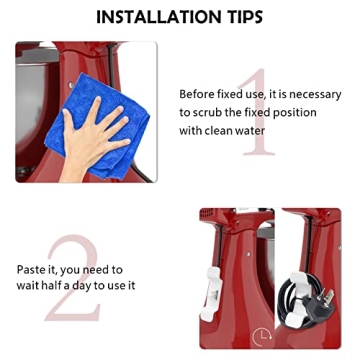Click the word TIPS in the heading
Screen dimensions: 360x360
click(239, 17)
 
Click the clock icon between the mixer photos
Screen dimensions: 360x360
click(262, 337)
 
